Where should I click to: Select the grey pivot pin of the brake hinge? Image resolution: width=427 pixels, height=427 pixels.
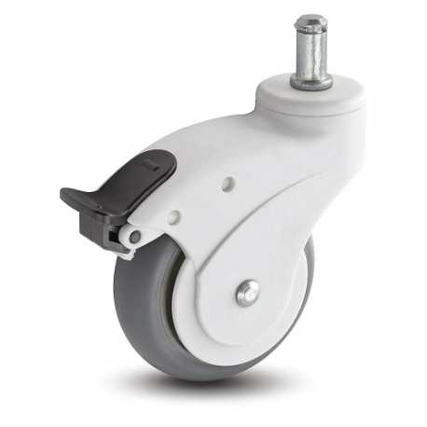point(134,238)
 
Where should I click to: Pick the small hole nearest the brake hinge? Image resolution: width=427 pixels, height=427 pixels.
point(173,217)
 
